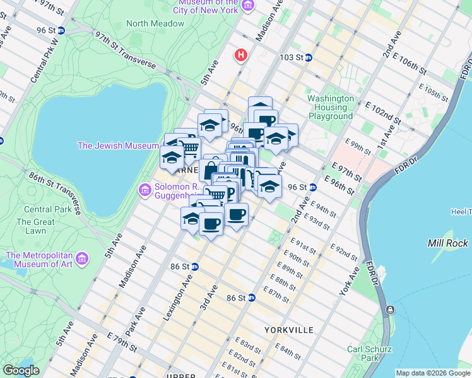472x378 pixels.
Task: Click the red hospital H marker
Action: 240,55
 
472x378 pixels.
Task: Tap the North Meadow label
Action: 155,23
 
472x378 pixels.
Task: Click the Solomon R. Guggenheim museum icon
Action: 145,189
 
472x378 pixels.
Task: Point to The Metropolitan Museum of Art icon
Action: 81,258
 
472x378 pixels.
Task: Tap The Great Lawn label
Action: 35,226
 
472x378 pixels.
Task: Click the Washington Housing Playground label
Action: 331,107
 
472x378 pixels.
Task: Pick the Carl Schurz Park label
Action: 369,354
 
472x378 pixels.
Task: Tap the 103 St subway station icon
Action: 309,57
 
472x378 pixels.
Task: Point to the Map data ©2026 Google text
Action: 433,373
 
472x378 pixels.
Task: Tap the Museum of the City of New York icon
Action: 248,6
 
